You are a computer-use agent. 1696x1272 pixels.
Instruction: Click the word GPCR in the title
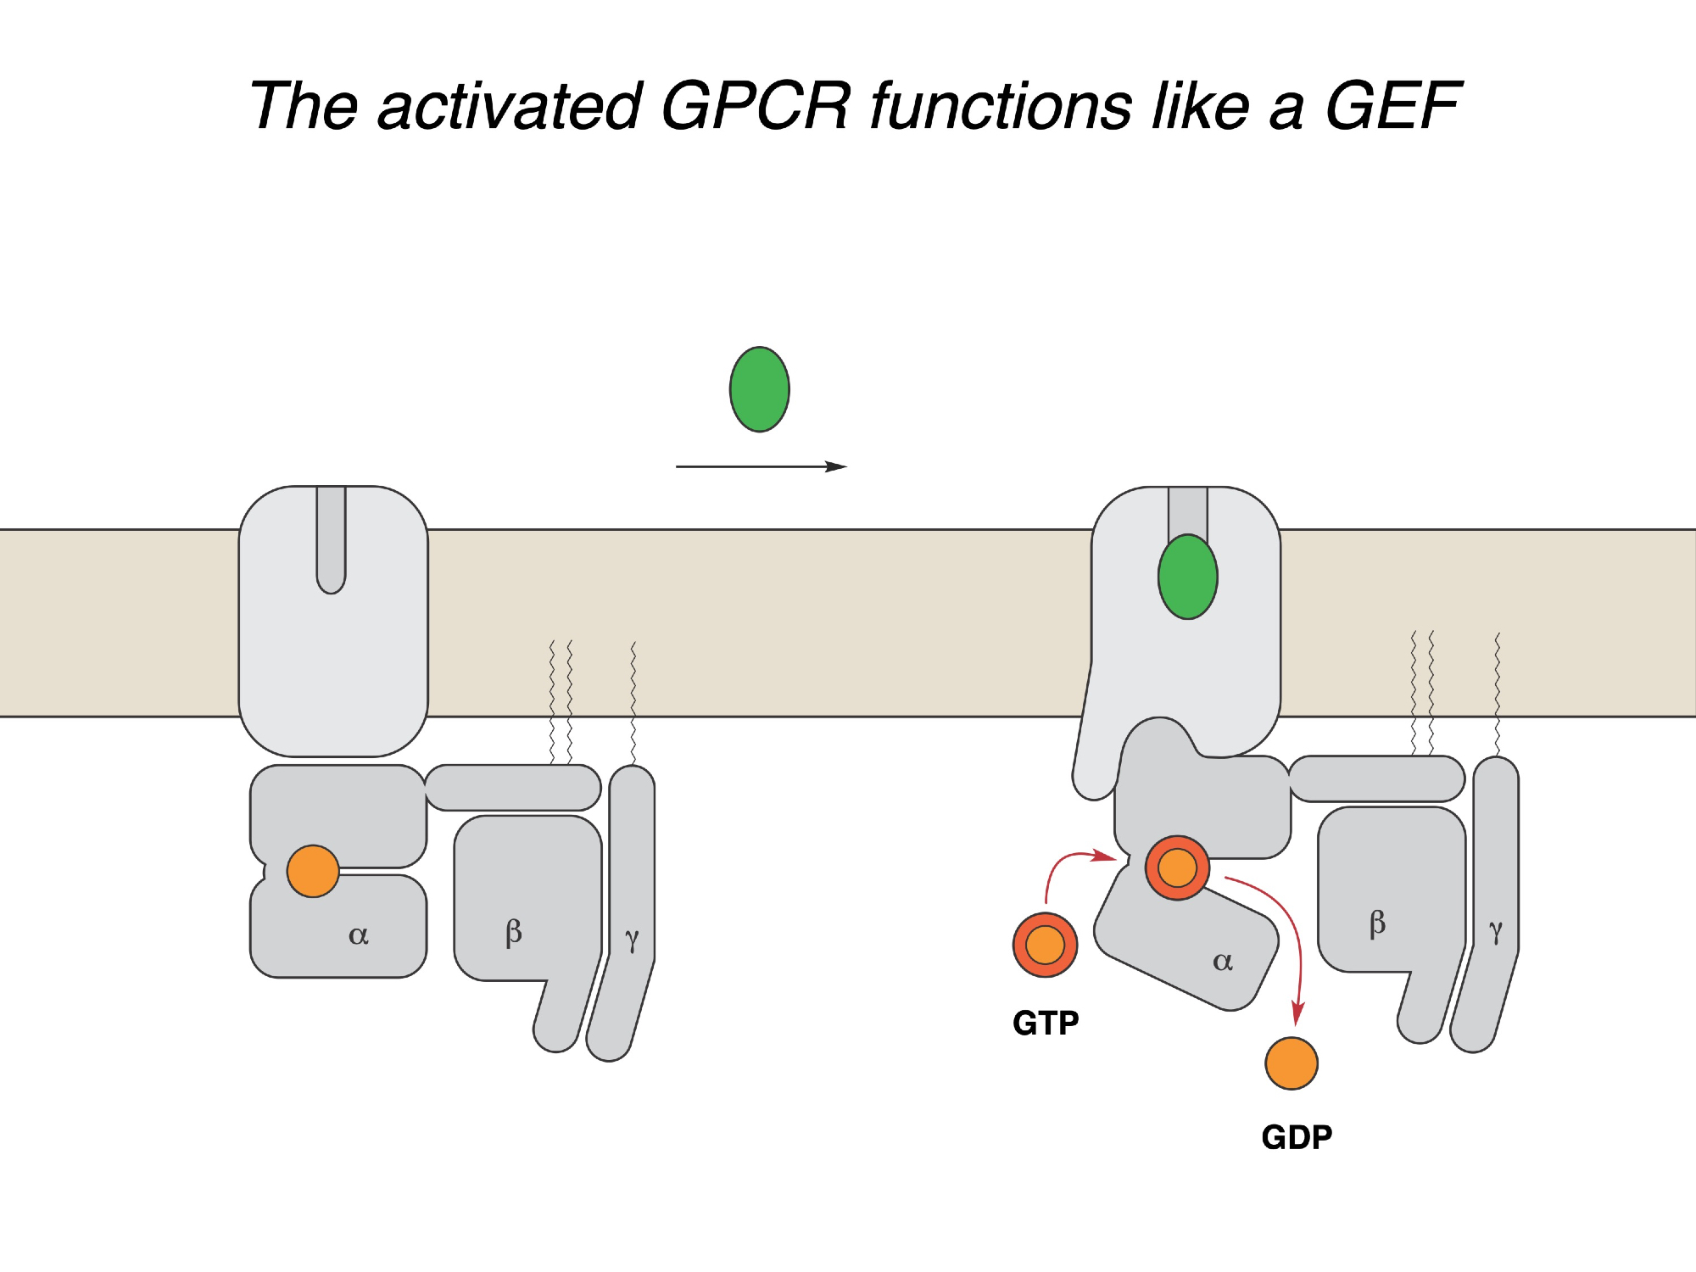pos(755,106)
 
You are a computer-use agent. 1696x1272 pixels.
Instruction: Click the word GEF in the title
pos(1393,106)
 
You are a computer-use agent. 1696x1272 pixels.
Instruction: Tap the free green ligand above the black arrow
pos(760,389)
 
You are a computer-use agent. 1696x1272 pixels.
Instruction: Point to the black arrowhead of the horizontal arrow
pos(837,466)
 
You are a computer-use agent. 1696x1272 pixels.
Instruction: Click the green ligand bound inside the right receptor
pos(1187,577)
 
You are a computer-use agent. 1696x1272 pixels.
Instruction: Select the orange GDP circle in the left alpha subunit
pos(313,871)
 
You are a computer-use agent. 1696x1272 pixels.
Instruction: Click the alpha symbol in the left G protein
pos(359,935)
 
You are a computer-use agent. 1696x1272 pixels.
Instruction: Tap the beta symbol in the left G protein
pos(513,932)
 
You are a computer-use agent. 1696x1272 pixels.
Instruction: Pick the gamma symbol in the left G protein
pos(632,939)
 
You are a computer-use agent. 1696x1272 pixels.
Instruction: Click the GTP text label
pos(1046,1024)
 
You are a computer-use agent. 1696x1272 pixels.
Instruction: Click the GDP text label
pos(1297,1137)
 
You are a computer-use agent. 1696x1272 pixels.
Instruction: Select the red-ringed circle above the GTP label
pos(1045,945)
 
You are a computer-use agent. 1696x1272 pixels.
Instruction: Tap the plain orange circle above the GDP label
pos(1292,1063)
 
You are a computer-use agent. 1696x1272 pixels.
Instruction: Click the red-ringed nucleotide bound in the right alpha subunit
pos(1177,868)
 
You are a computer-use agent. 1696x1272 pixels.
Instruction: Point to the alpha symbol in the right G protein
pos(1222,962)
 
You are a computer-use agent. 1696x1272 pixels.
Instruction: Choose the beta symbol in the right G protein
pos(1377,923)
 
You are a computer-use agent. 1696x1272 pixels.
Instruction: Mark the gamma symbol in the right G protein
pos(1496,930)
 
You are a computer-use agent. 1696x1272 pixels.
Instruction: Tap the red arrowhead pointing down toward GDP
pos(1297,1013)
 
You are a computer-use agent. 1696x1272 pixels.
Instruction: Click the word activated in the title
pos(509,106)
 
